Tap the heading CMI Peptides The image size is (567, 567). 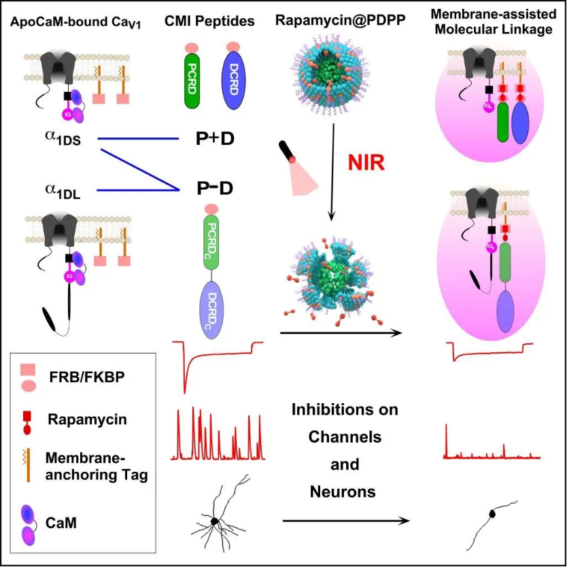pos(209,21)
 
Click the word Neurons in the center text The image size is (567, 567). pos(343,490)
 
